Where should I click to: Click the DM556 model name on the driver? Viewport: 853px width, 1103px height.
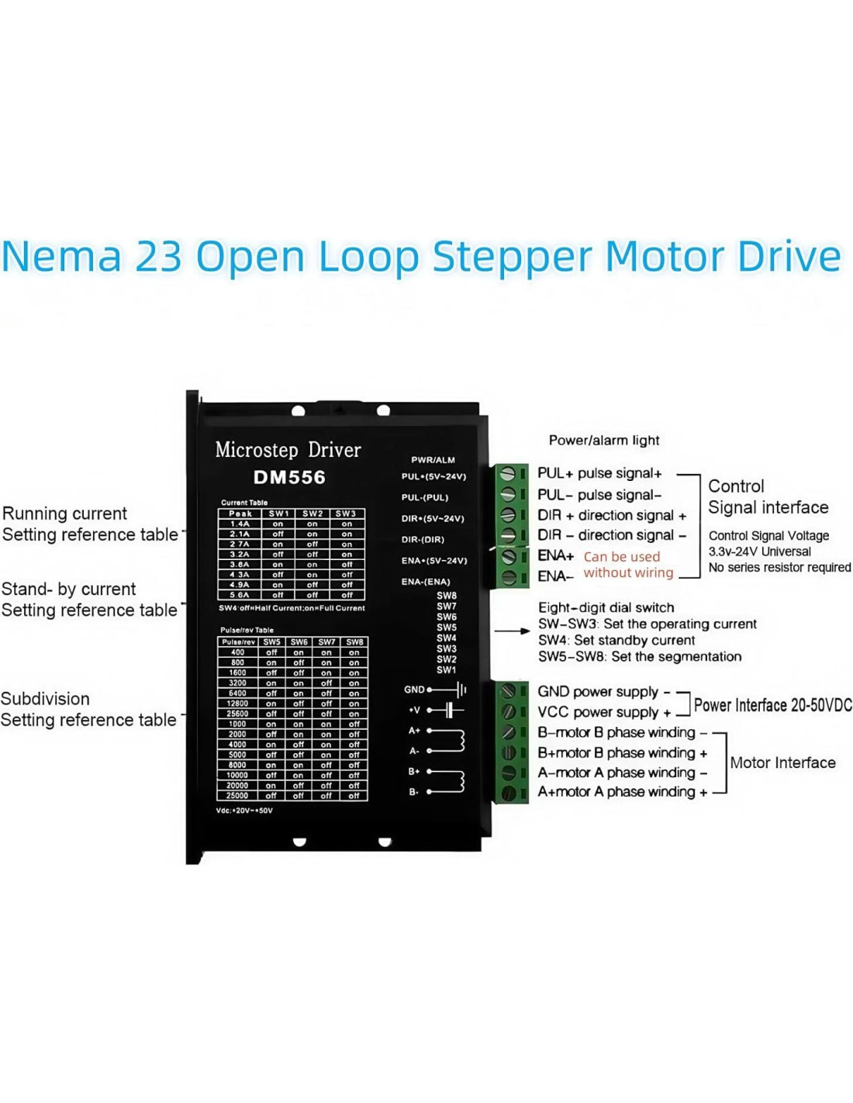(289, 477)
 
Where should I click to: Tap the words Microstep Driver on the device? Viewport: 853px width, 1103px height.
(288, 450)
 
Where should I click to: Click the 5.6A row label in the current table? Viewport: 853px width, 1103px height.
(240, 595)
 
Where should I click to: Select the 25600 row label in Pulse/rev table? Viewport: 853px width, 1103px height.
(237, 714)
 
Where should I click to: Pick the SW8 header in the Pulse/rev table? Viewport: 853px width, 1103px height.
(354, 642)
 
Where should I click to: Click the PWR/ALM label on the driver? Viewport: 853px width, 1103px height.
(433, 460)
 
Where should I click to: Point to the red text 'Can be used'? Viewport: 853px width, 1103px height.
(621, 557)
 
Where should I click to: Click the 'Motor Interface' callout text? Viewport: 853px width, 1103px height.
(782, 762)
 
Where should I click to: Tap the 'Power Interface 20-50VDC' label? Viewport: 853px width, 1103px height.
(772, 705)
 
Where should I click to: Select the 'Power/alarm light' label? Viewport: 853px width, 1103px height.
(604, 441)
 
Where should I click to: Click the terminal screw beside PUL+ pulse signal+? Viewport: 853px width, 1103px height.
(509, 473)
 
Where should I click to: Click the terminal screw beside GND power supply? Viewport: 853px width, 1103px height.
(509, 691)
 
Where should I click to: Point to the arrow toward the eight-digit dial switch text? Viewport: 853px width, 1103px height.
(513, 631)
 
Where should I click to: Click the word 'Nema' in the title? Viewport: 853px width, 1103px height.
(62, 257)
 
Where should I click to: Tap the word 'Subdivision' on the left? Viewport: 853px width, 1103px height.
(45, 699)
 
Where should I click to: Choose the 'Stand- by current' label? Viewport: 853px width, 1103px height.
(69, 590)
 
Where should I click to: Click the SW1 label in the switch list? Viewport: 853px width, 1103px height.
(446, 669)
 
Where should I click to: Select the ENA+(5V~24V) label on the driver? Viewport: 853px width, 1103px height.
(434, 560)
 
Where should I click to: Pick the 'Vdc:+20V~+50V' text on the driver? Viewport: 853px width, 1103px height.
(244, 811)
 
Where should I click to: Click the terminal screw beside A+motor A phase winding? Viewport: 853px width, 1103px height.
(509, 793)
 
